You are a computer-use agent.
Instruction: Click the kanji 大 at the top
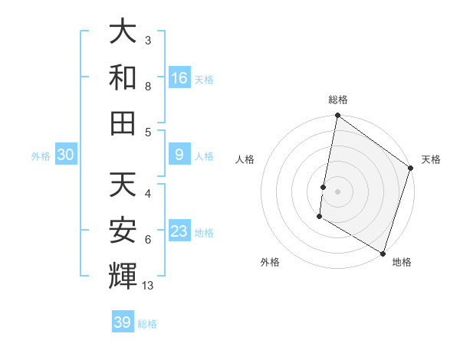[x=123, y=32]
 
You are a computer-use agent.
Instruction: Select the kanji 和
[x=123, y=77]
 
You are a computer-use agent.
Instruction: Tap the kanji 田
[x=123, y=123]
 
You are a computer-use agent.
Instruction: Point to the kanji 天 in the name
[x=123, y=185]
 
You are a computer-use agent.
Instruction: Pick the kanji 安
[x=123, y=230]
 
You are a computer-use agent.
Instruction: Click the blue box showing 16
[x=179, y=77]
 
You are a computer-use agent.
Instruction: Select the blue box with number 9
[x=179, y=155]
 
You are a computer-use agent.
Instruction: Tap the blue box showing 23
[x=179, y=231]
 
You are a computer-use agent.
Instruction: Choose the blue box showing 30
[x=65, y=155]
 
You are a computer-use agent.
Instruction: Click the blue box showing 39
[x=123, y=322]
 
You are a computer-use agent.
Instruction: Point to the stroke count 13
[x=148, y=286]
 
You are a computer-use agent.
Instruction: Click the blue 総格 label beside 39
[x=147, y=324]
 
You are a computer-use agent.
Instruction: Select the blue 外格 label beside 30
[x=41, y=156]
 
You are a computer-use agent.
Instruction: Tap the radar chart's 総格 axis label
[x=338, y=100]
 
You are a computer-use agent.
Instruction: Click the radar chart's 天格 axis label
[x=431, y=159]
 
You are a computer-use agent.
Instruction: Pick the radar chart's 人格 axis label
[x=245, y=159]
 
